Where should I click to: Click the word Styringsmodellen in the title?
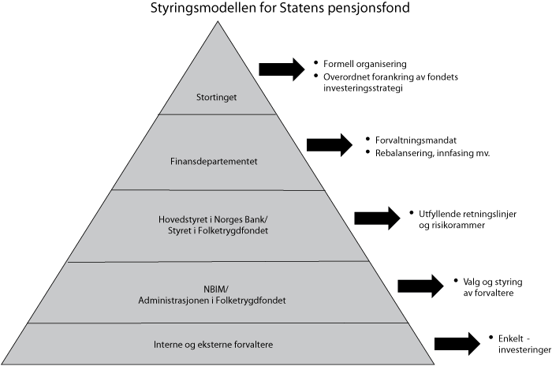coord(181,9)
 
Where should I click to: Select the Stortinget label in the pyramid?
coord(216,98)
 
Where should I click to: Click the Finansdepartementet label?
coord(215,162)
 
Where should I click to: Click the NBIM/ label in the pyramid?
coord(215,288)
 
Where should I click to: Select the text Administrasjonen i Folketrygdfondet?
coord(215,301)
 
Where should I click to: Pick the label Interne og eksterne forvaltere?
coord(214,344)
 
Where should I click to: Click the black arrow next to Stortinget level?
coord(282,69)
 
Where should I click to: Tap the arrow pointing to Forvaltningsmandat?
coord(329,144)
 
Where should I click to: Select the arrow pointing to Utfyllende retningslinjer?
coord(377,218)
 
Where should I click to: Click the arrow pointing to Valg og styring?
coord(420,286)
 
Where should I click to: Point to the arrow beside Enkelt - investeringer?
coord(457,342)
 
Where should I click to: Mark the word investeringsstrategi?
coord(362,88)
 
